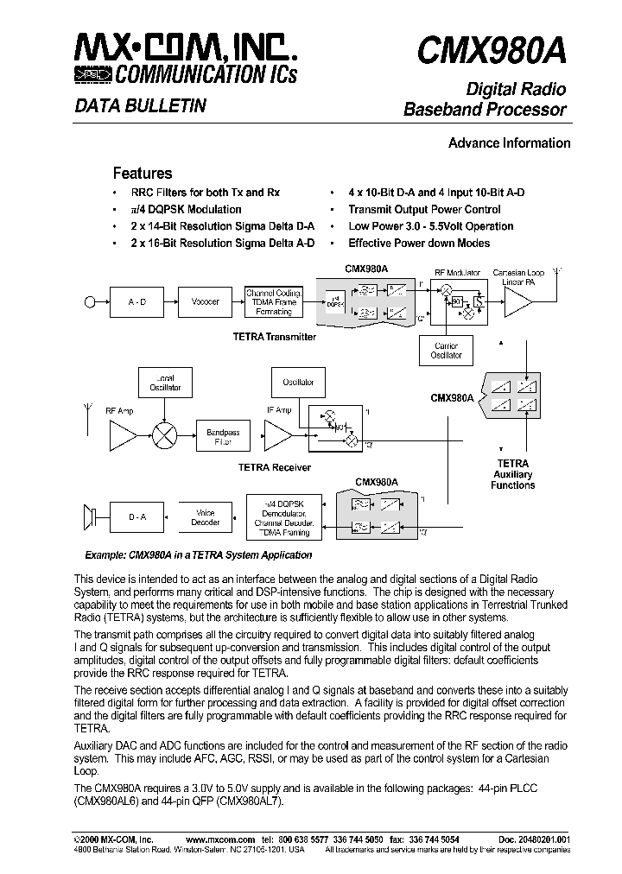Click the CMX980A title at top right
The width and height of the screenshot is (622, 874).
(x=492, y=51)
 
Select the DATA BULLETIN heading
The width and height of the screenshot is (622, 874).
(x=140, y=106)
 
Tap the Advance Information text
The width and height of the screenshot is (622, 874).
(x=509, y=143)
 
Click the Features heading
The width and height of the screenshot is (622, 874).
(x=143, y=173)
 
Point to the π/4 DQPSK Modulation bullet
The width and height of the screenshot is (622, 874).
(x=186, y=210)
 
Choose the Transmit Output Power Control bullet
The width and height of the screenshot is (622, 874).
(x=424, y=210)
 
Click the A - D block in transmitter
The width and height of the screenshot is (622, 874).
(x=136, y=301)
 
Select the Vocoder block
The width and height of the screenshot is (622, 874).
(x=205, y=301)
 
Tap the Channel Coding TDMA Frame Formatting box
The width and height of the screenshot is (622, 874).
(x=274, y=301)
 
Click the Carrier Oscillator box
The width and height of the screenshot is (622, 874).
(x=446, y=350)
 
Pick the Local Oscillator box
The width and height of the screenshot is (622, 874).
(x=164, y=383)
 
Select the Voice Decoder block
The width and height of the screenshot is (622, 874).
(x=206, y=516)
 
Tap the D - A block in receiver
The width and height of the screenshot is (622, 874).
(x=137, y=516)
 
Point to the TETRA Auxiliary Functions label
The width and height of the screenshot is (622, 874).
(x=512, y=474)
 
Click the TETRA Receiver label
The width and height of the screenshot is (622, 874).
(x=274, y=467)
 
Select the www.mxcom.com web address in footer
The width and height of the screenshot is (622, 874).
(x=220, y=839)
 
